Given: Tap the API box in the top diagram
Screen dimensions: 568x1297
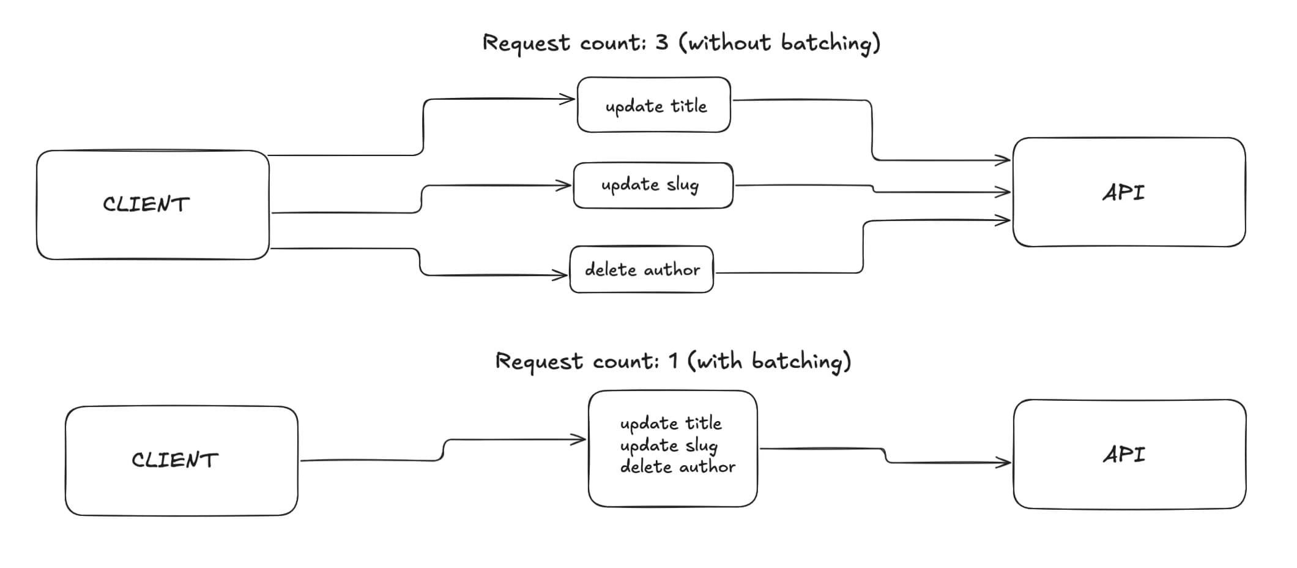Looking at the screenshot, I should click(x=1129, y=192).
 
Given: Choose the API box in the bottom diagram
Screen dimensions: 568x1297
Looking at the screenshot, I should click(x=1129, y=454).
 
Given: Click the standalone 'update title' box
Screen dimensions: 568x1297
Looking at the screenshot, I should click(x=654, y=105).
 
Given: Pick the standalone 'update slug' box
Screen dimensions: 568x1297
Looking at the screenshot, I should click(x=653, y=185).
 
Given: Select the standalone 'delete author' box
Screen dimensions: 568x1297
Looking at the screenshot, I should click(x=641, y=269).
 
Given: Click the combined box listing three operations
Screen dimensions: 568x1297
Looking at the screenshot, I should click(x=672, y=448).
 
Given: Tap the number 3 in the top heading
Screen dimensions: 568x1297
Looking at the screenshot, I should click(x=661, y=42).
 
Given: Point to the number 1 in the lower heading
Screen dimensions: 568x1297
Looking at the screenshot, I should click(x=673, y=361).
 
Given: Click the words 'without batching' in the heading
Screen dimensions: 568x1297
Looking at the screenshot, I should click(x=780, y=43).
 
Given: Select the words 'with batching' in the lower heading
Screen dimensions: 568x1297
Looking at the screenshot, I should click(x=770, y=361).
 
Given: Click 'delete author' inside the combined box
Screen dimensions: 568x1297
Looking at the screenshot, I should click(x=677, y=467).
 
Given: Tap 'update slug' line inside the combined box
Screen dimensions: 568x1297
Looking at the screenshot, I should click(x=668, y=446).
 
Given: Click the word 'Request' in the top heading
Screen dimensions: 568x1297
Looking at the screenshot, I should click(x=526, y=43).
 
